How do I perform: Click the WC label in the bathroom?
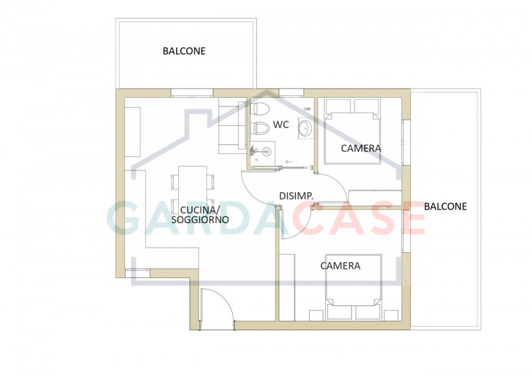coord(281,124)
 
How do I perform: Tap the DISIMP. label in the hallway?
coord(297,196)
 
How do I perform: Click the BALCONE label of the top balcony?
coord(184,51)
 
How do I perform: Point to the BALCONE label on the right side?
coord(446,206)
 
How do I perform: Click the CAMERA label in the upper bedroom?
coord(361,148)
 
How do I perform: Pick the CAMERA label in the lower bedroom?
coord(340,266)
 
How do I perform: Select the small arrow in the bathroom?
coord(289,162)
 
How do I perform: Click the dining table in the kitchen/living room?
coord(193,190)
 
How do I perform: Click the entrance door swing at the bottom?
coord(217,307)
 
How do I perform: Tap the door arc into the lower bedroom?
coord(293,223)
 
